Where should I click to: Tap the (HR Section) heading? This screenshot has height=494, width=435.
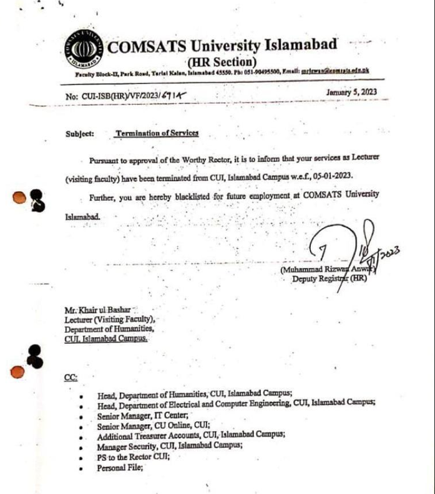point(222,62)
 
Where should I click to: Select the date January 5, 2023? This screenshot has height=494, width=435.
point(351,92)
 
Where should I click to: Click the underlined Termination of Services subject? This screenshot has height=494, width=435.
point(157,133)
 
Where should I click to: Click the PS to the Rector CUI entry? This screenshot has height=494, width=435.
point(133,457)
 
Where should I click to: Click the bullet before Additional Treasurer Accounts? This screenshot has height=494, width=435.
point(82,437)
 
